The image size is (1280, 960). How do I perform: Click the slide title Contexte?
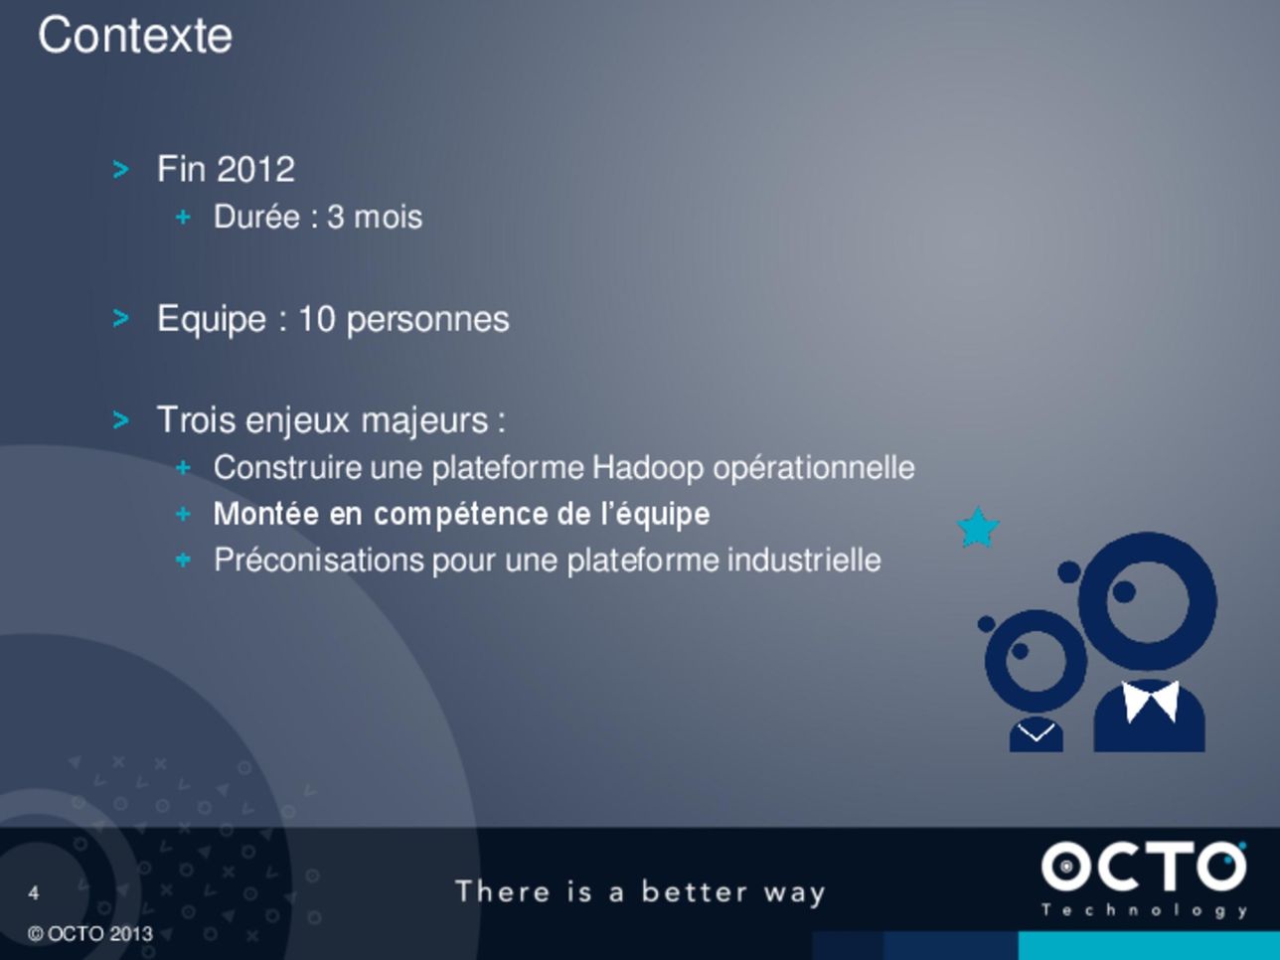click(x=135, y=36)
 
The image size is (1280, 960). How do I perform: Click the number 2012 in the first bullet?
click(x=255, y=170)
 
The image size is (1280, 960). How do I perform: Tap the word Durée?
click(x=256, y=217)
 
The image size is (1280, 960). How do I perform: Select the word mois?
click(x=388, y=217)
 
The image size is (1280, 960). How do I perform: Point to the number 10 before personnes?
click(x=317, y=319)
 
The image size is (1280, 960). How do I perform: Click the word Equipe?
click(x=212, y=320)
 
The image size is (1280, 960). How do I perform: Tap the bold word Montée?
click(x=266, y=514)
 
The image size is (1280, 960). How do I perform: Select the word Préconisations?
click(x=319, y=560)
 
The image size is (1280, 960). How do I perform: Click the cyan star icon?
click(x=978, y=528)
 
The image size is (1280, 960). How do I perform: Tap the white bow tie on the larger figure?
click(x=1150, y=702)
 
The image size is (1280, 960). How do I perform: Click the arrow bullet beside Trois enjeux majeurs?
click(x=120, y=420)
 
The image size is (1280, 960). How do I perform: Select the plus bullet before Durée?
click(x=183, y=218)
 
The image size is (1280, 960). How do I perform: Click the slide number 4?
click(x=34, y=892)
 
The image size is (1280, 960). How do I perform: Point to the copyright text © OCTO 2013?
click(x=90, y=934)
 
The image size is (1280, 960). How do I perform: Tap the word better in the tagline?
click(x=695, y=892)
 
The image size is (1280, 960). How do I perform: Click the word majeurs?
click(x=424, y=420)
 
